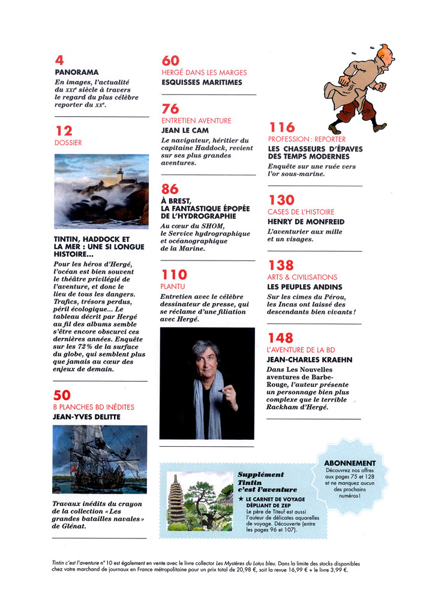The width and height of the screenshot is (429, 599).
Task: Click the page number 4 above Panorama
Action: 58,60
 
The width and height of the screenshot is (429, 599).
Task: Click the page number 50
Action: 62,395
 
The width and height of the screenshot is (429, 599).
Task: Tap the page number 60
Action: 171,60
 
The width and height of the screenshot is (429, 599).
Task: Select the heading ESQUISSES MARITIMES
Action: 202,82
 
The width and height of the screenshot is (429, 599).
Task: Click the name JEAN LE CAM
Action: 188,130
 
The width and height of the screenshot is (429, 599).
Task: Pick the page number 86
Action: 170,189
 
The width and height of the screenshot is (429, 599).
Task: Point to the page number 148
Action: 281,338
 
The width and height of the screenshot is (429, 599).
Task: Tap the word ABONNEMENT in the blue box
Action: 350,463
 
